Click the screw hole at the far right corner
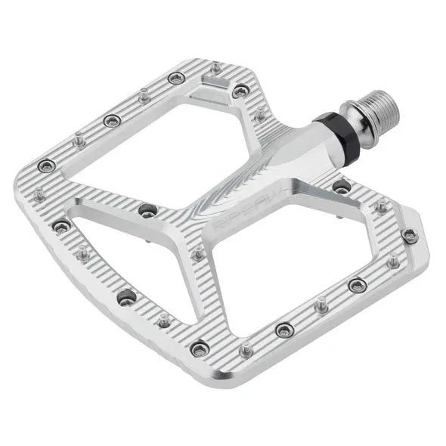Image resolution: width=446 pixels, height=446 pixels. (x=410, y=234)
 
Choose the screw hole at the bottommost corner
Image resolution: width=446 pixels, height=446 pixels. (x=200, y=348)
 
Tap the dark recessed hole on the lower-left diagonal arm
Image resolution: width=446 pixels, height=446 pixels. (x=125, y=296)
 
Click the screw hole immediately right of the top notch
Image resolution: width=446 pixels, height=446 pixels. (x=240, y=91)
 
